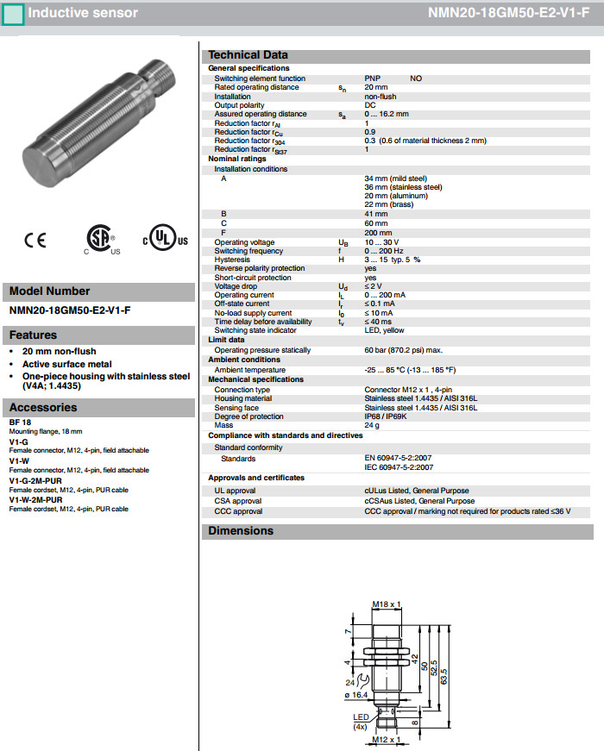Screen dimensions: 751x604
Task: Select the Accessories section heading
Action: [43, 407]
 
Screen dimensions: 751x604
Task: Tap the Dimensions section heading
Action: [241, 531]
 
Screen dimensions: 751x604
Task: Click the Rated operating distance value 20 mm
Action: [375, 87]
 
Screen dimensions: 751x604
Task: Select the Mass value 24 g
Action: [373, 425]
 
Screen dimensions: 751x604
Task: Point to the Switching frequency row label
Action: [249, 251]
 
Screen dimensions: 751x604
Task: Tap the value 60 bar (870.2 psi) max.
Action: [403, 350]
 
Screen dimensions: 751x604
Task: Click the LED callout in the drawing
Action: [361, 717]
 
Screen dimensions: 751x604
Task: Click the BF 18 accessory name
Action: [21, 422]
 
